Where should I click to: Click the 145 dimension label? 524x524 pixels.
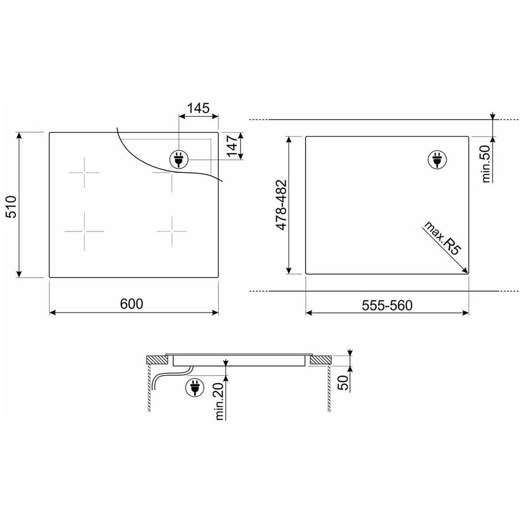[198, 108]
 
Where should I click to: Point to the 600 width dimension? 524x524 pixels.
[132, 303]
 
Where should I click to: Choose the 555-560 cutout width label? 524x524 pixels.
[386, 305]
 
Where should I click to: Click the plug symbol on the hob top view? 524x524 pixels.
[179, 160]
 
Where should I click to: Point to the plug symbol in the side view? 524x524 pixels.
[193, 388]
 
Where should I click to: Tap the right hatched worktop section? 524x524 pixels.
[321, 360]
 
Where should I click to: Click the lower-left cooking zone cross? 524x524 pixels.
[84, 232]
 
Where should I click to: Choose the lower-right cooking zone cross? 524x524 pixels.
[172, 232]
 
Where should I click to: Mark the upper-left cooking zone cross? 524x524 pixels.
[84, 172]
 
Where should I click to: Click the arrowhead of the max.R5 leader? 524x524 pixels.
[466, 272]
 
